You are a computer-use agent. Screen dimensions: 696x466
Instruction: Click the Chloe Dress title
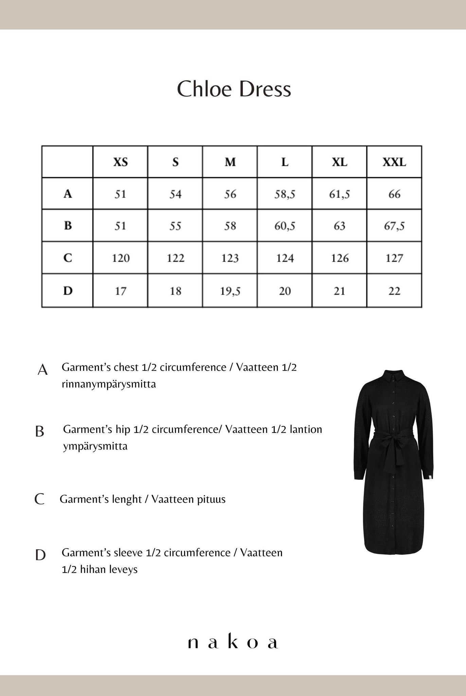pos(234,89)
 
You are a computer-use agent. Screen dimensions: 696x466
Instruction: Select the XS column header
pos(121,162)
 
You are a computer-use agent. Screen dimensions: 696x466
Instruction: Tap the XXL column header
pos(394,162)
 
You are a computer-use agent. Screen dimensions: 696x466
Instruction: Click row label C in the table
pos(68,258)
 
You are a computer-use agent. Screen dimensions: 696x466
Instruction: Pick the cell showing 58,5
pos(285,194)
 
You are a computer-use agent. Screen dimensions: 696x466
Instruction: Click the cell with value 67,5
pos(394,226)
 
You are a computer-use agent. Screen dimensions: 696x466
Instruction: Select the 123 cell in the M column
pos(230,258)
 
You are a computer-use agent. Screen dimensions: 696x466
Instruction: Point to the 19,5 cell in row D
pos(230,291)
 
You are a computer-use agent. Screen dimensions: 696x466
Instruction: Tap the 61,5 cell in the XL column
pos(339,194)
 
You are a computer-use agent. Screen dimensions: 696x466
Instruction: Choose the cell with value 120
pos(121,258)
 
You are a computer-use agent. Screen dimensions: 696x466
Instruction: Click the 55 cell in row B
pos(175,226)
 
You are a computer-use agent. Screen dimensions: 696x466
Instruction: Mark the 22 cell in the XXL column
pos(394,291)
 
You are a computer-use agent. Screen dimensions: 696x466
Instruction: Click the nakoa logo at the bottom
pos(233,643)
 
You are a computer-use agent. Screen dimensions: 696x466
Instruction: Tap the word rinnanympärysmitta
pos(109,384)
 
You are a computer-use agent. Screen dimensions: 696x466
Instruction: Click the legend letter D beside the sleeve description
pos(40,555)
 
